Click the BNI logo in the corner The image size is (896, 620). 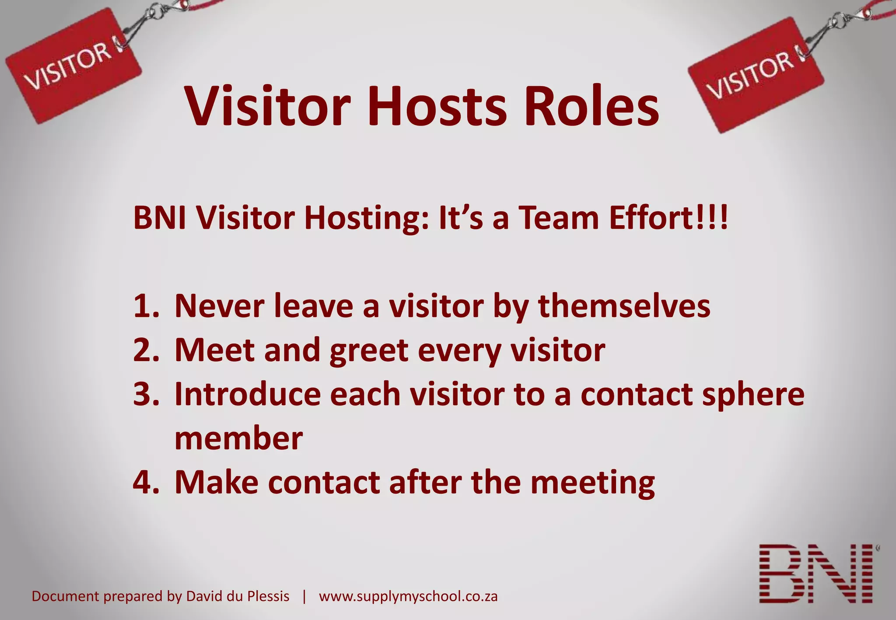point(817,574)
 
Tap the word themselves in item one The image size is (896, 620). point(624,306)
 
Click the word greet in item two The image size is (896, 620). point(369,351)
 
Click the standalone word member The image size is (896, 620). point(238,439)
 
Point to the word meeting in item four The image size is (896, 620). point(592,483)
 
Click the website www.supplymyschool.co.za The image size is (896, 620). point(408,596)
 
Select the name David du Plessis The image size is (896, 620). point(238,596)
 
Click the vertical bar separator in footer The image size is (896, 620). point(304,596)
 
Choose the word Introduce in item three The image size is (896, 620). point(247,395)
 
